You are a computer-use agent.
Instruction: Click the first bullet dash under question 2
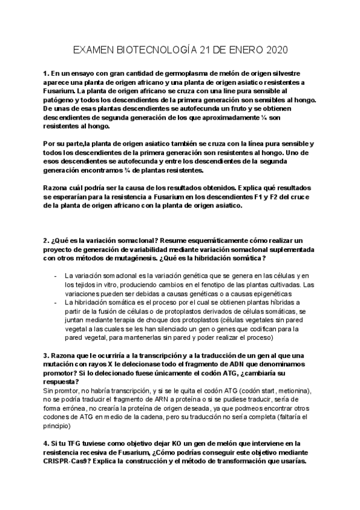click(x=55, y=275)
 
